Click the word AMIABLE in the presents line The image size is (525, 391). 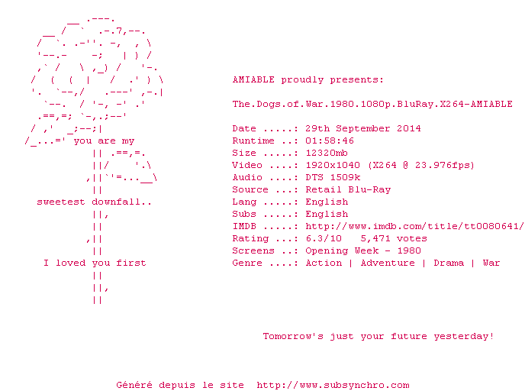coord(253,79)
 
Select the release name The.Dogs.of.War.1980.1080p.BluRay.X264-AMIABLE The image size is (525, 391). coord(372,104)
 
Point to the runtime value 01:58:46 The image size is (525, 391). coord(330,141)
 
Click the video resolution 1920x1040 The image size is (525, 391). coord(333,165)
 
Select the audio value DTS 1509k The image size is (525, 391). coord(333,177)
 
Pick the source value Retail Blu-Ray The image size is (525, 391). coord(348,189)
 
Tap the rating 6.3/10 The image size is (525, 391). coord(324,238)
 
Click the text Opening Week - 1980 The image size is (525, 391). coord(363,250)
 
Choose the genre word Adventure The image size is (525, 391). coord(388,263)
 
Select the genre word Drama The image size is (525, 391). coord(449,263)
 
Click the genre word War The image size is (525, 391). coord(491,263)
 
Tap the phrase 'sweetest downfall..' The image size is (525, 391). coord(95,202)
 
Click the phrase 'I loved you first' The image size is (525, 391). coord(95,263)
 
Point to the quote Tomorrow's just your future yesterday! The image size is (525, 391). coord(378,336)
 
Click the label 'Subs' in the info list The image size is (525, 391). coord(244,214)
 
